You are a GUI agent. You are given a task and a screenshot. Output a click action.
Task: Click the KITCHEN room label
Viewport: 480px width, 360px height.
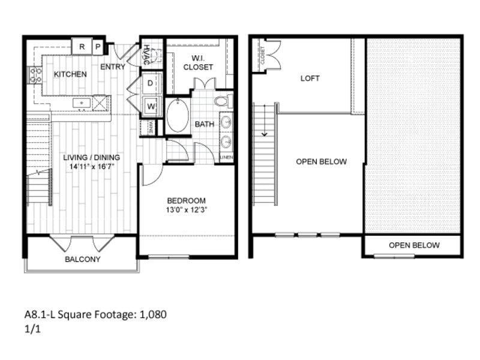coord(70,74)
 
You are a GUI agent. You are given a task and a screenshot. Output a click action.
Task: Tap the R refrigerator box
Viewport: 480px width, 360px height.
coord(82,46)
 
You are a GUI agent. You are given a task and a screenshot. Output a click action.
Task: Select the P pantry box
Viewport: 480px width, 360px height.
coord(97,46)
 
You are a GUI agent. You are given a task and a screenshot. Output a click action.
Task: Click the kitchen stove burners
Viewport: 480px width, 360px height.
coord(34,75)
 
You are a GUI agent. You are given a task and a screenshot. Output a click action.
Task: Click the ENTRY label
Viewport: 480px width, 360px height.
coord(112,67)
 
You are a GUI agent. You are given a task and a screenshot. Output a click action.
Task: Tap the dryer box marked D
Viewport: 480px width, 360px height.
coord(151,82)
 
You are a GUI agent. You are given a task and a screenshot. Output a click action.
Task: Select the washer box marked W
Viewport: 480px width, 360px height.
coord(151,106)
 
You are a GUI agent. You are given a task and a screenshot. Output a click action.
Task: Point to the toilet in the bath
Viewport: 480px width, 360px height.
coord(223,100)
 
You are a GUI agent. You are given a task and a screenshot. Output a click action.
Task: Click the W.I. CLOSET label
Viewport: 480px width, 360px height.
coord(198,63)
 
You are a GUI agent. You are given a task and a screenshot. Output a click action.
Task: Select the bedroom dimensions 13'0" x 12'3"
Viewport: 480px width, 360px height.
coord(187,210)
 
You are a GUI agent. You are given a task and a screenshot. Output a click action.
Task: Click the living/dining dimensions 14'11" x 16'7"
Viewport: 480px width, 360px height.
coord(91,166)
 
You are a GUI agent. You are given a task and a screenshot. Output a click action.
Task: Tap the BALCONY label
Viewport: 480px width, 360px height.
coord(82,260)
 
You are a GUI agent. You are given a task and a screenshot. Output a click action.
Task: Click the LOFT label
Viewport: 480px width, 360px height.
coord(310,79)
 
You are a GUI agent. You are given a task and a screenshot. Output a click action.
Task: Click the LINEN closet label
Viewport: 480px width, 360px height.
coord(226,158)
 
